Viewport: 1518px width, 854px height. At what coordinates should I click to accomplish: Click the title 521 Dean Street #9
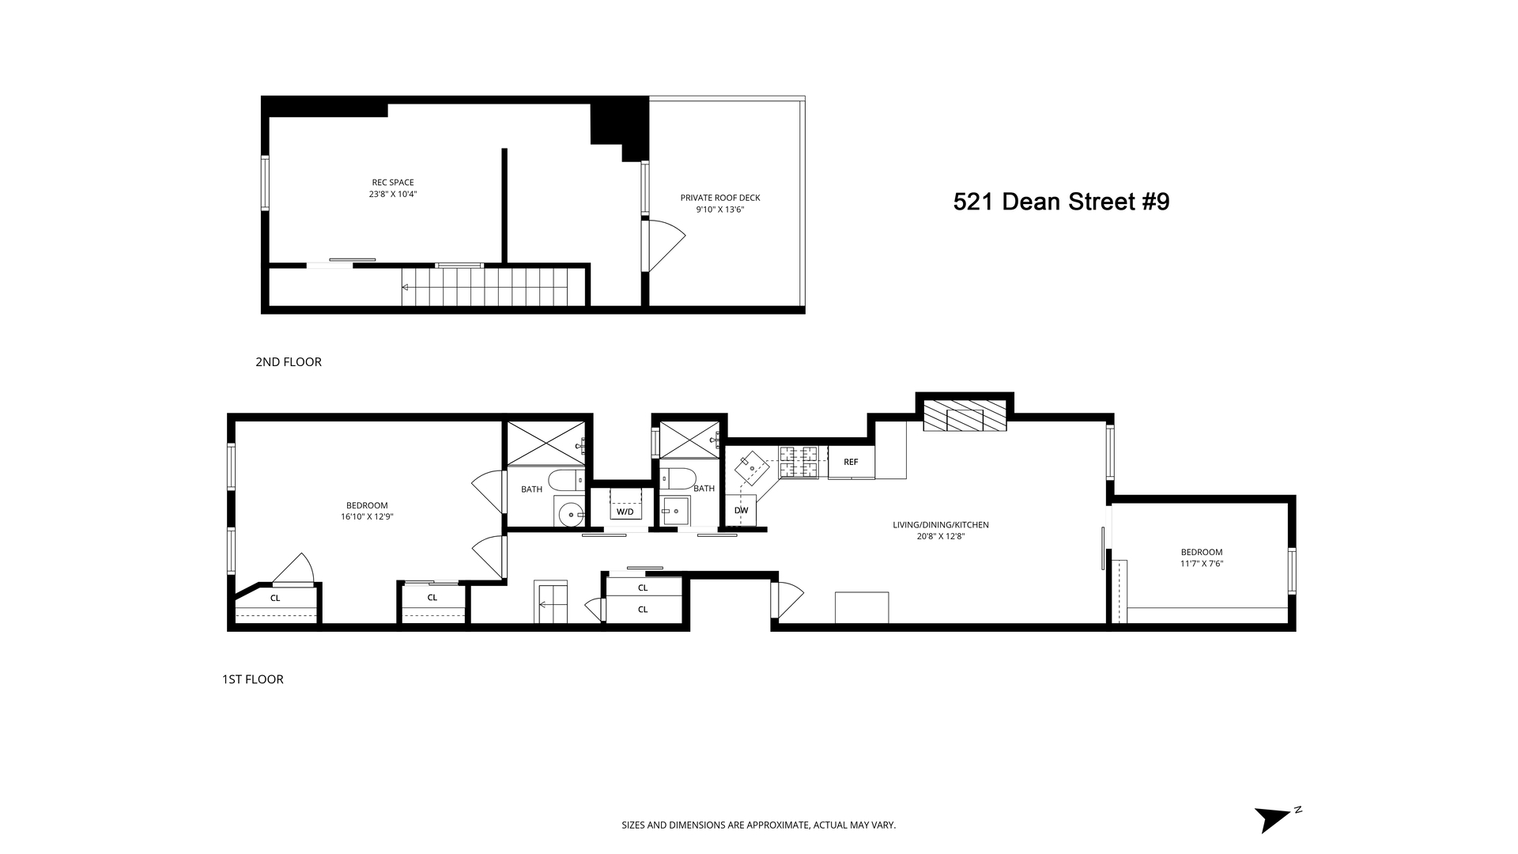[x=1061, y=202]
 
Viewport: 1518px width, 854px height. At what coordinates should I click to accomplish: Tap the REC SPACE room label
[x=393, y=183]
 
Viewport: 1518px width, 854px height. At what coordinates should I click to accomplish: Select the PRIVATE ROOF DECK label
[x=720, y=198]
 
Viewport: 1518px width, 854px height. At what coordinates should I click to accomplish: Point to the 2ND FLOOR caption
[x=288, y=362]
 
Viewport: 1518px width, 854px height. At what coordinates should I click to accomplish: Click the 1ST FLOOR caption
[x=252, y=679]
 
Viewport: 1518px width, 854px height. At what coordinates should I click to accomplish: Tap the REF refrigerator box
[x=851, y=463]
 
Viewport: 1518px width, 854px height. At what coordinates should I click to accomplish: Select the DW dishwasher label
[x=741, y=511]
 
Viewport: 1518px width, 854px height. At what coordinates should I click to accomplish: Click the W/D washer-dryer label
[x=625, y=512]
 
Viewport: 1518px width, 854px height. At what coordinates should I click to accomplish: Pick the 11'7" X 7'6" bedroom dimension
[x=1201, y=564]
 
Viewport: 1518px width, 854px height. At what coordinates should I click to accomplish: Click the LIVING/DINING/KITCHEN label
[x=940, y=525]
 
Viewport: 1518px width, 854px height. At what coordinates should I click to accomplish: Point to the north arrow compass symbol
[x=1274, y=818]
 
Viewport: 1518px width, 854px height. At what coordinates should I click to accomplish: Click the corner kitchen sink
[x=752, y=469]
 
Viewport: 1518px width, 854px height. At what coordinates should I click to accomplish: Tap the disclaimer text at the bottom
[x=758, y=826]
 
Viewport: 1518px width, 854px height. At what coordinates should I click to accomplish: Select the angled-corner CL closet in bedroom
[x=275, y=599]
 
